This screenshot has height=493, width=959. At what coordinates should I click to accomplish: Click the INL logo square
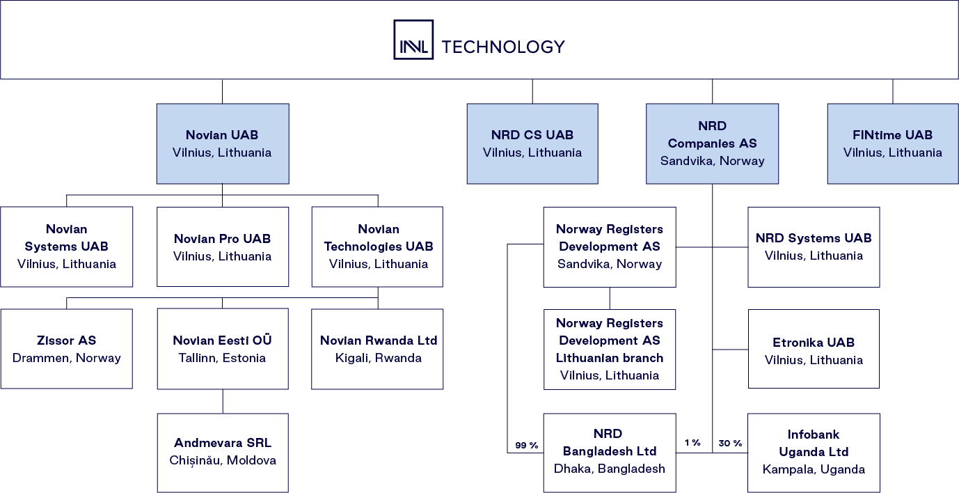[x=413, y=40]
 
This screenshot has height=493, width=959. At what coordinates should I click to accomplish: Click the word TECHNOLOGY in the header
[x=503, y=47]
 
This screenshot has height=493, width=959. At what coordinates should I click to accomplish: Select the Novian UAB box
[x=222, y=143]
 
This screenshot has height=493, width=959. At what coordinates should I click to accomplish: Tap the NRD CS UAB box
[x=532, y=143]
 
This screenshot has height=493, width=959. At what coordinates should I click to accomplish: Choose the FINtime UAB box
[x=892, y=143]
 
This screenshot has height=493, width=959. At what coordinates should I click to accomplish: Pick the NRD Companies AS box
[x=712, y=143]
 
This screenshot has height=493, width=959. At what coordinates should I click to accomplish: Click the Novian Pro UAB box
[x=223, y=246]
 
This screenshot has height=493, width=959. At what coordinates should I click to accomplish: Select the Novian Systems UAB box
[x=67, y=246]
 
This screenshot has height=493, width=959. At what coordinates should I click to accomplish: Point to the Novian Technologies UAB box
[x=377, y=246]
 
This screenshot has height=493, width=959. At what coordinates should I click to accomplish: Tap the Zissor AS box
[x=67, y=349]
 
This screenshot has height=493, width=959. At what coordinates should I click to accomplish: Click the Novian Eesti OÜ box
[x=223, y=349]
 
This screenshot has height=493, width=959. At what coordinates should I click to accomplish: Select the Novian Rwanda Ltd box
[x=377, y=349]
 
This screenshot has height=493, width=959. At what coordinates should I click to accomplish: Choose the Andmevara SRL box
[x=223, y=452]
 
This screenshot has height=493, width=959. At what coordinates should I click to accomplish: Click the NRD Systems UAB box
[x=814, y=246]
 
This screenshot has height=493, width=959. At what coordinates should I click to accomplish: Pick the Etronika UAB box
[x=814, y=349]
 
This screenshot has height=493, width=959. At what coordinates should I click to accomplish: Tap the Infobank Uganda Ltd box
[x=814, y=452]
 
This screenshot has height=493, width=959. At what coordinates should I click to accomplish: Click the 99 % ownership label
[x=526, y=445]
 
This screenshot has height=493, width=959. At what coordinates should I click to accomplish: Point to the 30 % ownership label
[x=730, y=443]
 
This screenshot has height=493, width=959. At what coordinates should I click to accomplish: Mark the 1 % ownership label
[x=692, y=443]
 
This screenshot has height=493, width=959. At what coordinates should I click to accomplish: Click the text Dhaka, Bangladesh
[x=609, y=469]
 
